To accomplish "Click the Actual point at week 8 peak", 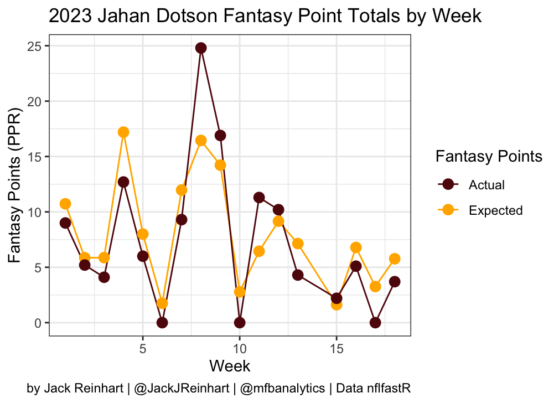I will [x=201, y=48].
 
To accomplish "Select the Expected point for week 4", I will [x=123, y=132].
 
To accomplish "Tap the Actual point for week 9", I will [x=220, y=136].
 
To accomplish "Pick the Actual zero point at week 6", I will [x=162, y=323].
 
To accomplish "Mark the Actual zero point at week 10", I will [x=240, y=323].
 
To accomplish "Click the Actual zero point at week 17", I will [x=375, y=323].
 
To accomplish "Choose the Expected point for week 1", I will [x=65, y=204].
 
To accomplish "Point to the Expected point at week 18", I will [x=395, y=259].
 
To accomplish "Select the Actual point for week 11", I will [x=259, y=198].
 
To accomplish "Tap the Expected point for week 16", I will [x=356, y=247].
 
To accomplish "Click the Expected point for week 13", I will [x=298, y=244].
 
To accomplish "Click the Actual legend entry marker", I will [x=448, y=184].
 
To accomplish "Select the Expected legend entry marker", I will [x=448, y=210].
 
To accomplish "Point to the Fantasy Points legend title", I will [x=489, y=157].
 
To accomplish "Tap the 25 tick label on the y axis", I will [x=35, y=46].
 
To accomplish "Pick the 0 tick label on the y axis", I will [x=39, y=323].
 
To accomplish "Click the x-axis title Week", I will [x=230, y=366].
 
